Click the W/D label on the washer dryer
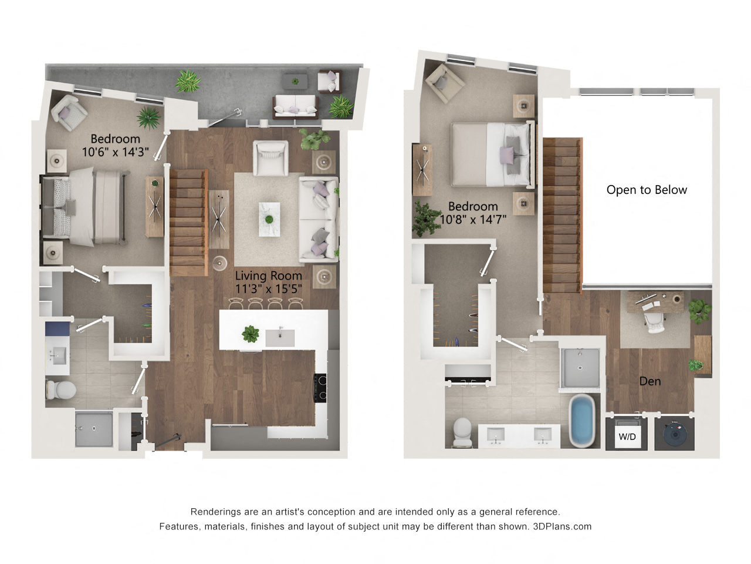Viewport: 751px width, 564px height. [627, 437]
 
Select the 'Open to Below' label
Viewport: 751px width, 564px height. [647, 190]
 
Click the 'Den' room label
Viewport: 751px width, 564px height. [649, 381]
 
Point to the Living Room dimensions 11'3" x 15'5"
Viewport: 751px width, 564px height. [269, 289]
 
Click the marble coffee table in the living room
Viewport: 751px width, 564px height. [270, 219]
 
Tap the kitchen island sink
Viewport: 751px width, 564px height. [280, 338]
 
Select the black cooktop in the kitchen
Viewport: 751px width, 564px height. [320, 388]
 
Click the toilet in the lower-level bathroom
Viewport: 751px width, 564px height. [61, 390]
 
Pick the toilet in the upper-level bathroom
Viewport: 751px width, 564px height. [462, 432]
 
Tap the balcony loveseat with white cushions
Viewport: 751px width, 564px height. [295, 106]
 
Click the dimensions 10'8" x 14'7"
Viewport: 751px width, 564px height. [473, 219]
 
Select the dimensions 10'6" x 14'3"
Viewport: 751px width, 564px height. [116, 152]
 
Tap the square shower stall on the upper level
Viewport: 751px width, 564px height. [580, 368]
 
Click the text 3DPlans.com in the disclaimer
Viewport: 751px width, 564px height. [562, 526]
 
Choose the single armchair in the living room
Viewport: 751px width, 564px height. [270, 158]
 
